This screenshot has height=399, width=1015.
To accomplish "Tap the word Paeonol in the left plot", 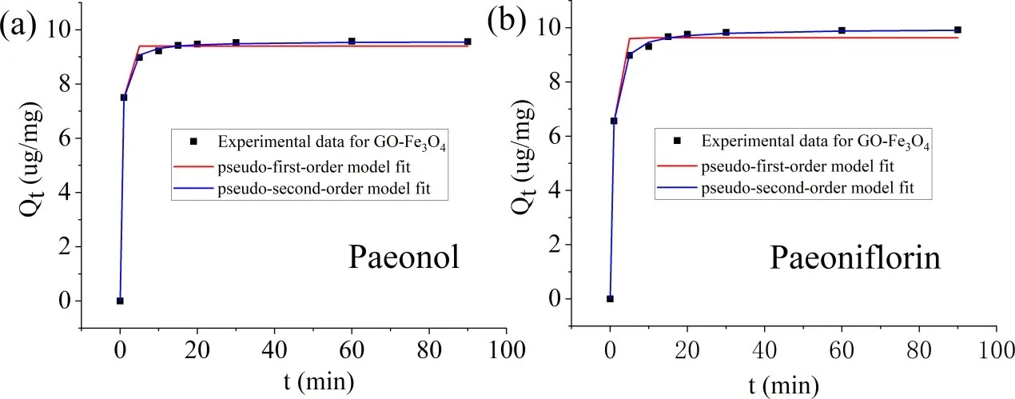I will point(404,258).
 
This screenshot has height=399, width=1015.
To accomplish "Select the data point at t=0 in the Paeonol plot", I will point(120,301).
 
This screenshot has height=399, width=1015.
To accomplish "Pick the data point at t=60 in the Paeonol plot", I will point(352,41).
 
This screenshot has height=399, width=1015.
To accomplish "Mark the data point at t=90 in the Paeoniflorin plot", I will point(957,30).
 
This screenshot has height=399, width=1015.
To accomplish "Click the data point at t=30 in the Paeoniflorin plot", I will point(726,32).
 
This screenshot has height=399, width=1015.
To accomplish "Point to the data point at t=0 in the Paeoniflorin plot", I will point(610,299).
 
